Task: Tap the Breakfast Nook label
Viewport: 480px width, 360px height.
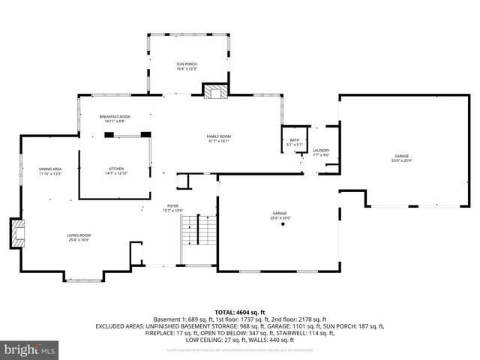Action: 115,117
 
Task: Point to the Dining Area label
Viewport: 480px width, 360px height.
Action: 50,169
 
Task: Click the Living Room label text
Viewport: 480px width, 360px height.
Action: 79,235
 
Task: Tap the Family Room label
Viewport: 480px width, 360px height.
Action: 218,136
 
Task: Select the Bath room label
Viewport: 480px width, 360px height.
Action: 295,140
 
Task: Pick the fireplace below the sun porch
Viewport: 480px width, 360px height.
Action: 214,91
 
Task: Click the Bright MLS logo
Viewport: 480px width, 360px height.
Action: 30,349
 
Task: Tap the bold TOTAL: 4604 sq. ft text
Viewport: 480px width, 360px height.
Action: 240,312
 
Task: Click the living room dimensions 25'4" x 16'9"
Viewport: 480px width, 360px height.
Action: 79,241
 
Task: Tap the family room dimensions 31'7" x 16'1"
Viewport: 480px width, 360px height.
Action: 218,141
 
